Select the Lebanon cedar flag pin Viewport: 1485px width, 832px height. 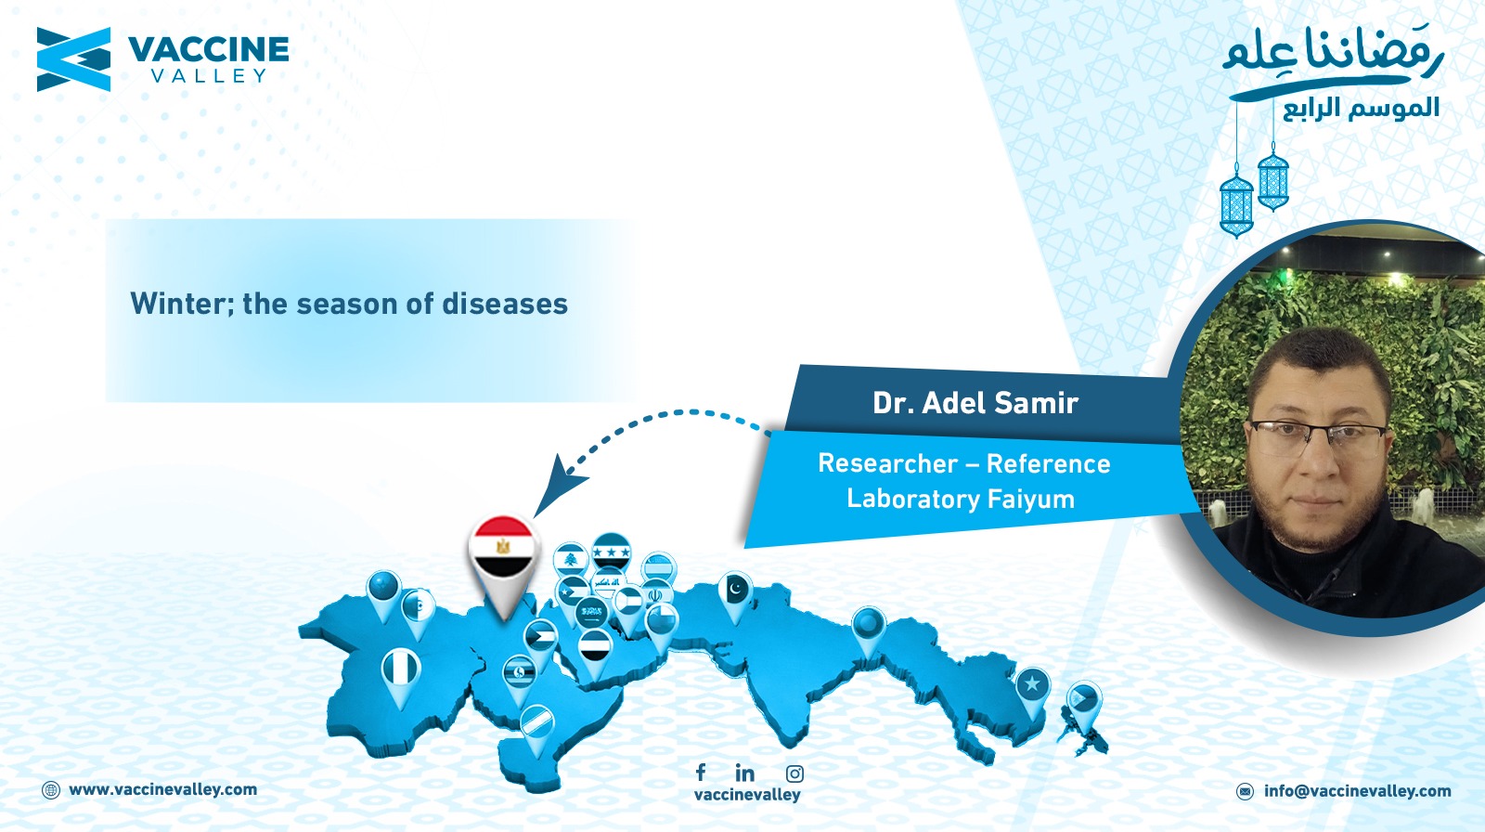click(x=570, y=561)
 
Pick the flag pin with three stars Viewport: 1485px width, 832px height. click(x=612, y=552)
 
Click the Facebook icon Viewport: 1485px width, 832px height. click(x=701, y=772)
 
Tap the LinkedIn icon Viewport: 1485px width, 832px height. click(x=744, y=773)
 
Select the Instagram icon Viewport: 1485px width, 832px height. click(x=794, y=773)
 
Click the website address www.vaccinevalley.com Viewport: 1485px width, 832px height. click(x=162, y=789)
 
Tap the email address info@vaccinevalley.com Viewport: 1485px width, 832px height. click(x=1357, y=791)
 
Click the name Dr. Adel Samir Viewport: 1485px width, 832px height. click(x=975, y=403)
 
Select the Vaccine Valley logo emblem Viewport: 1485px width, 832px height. click(x=73, y=59)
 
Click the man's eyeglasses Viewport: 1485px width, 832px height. click(x=1317, y=438)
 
